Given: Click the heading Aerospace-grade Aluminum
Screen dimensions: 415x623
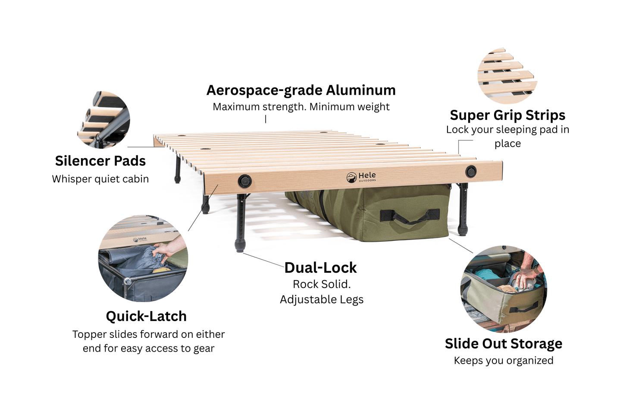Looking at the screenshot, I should click(x=301, y=90).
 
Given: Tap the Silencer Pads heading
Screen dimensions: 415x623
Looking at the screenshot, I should click(x=100, y=161).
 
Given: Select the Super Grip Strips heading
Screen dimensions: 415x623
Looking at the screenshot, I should click(x=507, y=115).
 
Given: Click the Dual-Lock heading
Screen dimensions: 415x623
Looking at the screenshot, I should click(x=320, y=268).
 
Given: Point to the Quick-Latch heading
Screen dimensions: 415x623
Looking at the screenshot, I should click(x=146, y=316).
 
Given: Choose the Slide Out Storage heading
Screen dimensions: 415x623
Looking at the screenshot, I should click(x=503, y=343).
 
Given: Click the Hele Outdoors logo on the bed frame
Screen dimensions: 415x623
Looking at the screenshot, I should click(x=361, y=177).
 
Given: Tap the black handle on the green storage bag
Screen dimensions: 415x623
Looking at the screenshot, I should click(x=410, y=216).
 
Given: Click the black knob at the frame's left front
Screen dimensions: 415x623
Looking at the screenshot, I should click(x=245, y=181).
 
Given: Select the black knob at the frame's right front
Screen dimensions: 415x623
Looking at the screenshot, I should click(x=471, y=172).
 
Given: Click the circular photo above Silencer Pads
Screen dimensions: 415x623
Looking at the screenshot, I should click(x=104, y=119).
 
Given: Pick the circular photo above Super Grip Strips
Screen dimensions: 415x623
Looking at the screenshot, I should click(x=507, y=76).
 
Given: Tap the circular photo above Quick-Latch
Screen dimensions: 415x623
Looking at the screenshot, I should click(x=143, y=259).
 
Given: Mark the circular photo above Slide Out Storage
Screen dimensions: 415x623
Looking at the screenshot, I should click(x=503, y=289).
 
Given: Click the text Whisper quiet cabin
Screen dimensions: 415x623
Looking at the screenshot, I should click(x=100, y=179).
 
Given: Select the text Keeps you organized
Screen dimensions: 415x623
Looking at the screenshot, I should click(x=503, y=360).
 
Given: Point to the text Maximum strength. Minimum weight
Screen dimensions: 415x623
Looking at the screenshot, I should click(x=301, y=107).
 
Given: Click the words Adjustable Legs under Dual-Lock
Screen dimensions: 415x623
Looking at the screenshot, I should click(x=322, y=300).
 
